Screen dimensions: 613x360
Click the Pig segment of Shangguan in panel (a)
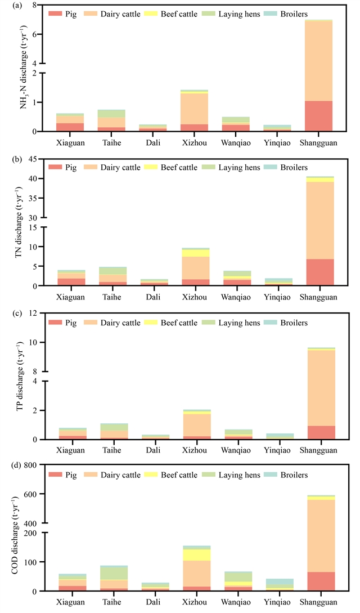point(320,116)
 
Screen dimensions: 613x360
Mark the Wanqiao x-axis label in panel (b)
point(237,297)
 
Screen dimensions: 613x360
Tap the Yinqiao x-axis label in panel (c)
point(278,450)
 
